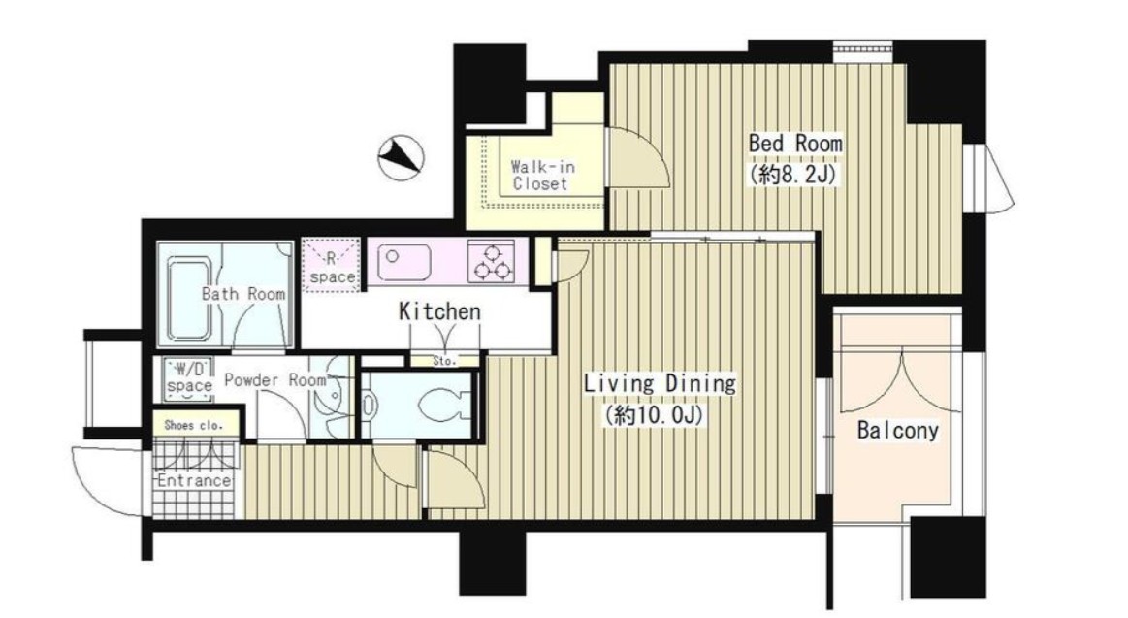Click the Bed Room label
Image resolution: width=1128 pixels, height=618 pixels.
pos(795,143)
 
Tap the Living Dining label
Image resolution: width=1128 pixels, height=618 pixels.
pos(660,383)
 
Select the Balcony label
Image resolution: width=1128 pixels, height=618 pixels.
pos(898,430)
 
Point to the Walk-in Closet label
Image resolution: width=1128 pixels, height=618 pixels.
pos(542,175)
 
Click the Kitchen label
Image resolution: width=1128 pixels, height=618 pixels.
pos(439,311)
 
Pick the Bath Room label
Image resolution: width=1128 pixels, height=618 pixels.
pos(243,294)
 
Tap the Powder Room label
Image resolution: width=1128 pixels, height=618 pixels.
pos(275,380)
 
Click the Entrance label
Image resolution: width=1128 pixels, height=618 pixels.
pos(194,480)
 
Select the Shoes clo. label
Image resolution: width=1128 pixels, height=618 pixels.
pos(194,425)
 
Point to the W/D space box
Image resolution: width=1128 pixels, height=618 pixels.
pos(188,377)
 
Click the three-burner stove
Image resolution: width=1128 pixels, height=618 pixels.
pos(492,261)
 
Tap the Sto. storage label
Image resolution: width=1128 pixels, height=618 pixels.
pos(444,361)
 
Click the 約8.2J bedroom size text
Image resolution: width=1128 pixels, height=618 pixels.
pos(793,174)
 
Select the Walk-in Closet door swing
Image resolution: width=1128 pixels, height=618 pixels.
pos(638,158)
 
